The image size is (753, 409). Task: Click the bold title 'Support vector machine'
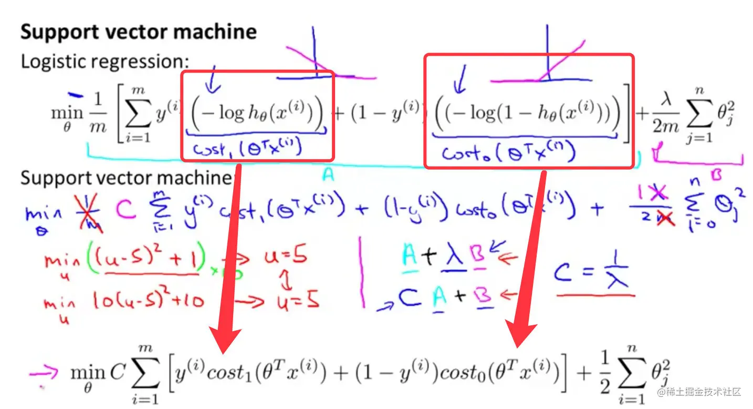139,32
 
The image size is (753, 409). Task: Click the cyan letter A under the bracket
328,177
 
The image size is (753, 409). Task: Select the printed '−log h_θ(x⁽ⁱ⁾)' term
256,114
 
